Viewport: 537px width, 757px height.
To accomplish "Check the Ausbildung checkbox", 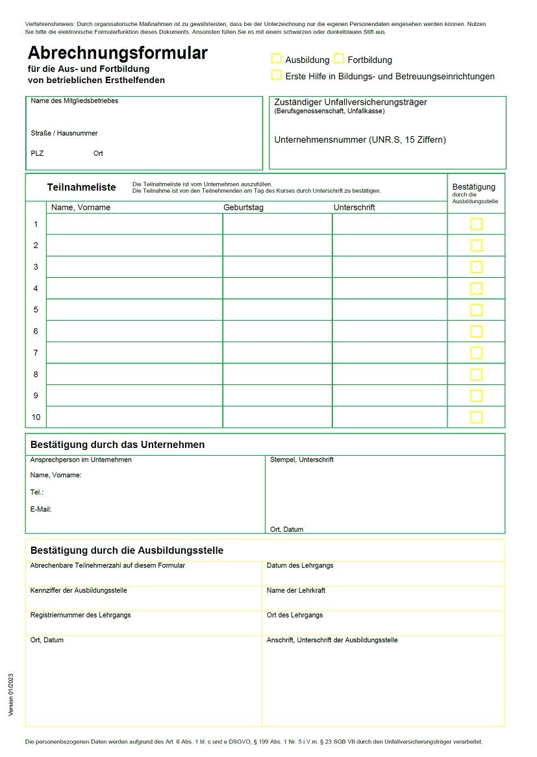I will tap(277, 59).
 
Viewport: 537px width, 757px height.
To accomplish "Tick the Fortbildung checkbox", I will tap(339, 59).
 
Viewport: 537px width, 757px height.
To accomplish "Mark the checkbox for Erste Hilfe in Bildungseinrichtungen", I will tap(277, 75).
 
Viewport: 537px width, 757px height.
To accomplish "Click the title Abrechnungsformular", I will tap(118, 53).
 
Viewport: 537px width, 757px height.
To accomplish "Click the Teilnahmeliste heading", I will tap(81, 188).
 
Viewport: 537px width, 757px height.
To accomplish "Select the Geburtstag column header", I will tap(244, 208).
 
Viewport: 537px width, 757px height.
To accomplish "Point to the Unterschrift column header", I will tap(354, 208).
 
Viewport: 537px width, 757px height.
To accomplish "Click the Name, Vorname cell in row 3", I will tap(134, 267).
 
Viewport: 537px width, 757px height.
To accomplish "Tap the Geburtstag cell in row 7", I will tap(277, 353).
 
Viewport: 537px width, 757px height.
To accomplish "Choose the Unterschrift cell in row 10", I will tap(390, 417).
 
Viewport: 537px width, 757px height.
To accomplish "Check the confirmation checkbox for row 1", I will tap(476, 224).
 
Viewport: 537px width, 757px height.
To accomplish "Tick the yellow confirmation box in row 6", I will tap(476, 331).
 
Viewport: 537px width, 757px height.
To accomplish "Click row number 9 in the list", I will tap(36, 395).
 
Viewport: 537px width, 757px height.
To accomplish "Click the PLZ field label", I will tap(37, 154).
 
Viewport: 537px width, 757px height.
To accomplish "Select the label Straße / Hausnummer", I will tap(64, 133).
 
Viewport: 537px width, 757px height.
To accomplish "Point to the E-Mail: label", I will tap(41, 510).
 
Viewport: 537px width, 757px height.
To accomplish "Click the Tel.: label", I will tap(37, 493).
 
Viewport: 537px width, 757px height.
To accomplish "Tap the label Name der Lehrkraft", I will tap(296, 590).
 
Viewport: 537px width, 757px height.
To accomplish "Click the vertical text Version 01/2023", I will tap(10, 694).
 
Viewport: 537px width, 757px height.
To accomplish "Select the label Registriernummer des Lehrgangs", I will tap(81, 615).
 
